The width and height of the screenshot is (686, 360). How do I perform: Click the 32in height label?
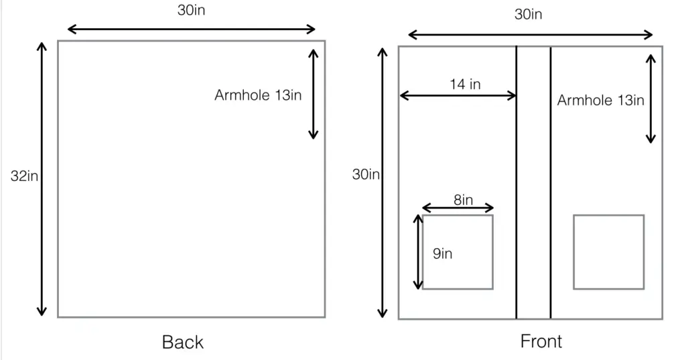tap(24, 176)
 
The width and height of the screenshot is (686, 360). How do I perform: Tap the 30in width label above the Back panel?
tap(191, 10)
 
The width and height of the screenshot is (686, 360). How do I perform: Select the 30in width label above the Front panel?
tap(528, 15)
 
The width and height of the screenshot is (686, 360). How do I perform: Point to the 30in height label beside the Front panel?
tap(366, 174)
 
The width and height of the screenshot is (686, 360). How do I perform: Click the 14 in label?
tap(465, 84)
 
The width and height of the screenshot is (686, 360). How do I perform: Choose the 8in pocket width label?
tap(464, 200)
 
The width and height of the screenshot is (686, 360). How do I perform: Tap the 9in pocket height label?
tap(442, 253)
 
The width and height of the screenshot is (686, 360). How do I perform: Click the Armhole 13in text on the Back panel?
tap(258, 95)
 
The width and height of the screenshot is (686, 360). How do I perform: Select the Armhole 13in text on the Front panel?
tap(600, 101)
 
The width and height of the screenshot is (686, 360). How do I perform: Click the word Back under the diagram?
tap(182, 342)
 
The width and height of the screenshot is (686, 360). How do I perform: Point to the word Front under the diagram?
tap(541, 341)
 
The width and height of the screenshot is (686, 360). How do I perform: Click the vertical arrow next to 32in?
tap(42, 179)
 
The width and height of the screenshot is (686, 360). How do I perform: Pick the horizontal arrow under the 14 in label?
tap(458, 95)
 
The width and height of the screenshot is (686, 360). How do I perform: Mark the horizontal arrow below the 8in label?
tap(458, 208)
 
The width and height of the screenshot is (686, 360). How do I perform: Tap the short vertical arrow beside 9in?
tap(418, 252)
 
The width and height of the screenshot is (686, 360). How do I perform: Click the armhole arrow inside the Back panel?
tap(314, 94)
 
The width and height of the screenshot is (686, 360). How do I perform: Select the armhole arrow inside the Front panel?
tap(651, 99)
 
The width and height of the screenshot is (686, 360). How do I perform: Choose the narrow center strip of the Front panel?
tap(533, 182)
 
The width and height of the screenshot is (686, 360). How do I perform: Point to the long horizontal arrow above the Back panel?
tap(191, 29)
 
